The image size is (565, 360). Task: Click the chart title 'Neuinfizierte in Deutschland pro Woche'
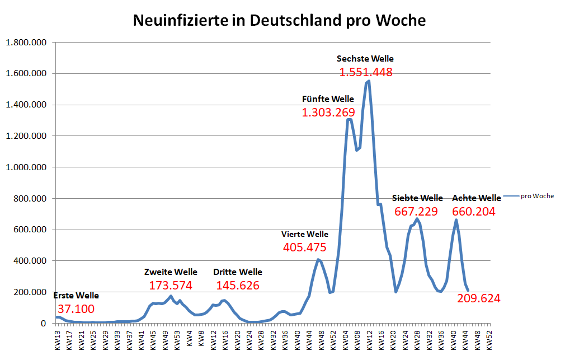pos(279,21)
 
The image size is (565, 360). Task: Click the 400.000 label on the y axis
pos(28,261)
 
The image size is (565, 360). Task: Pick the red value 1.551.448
pos(366,72)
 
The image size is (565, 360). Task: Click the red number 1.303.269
pos(328,113)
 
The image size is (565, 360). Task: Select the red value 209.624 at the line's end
pos(479,298)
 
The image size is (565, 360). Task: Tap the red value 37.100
pos(76,309)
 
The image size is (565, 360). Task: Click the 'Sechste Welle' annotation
pos(365,58)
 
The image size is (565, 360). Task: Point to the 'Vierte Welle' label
pos(305,234)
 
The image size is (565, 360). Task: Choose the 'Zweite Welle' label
pos(171,272)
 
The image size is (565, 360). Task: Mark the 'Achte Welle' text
pos(477,198)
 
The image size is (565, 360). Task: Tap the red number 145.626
pos(238,286)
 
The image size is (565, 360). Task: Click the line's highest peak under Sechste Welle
pos(368,81)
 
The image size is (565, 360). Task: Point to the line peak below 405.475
pos(318,259)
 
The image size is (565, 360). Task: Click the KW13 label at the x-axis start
pos(57,340)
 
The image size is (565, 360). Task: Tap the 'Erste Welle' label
pos(76,295)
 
